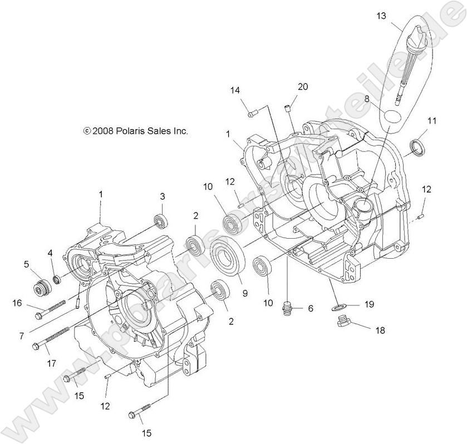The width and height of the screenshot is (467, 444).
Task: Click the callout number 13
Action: pos(381,16)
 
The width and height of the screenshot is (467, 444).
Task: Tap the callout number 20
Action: pos(302,86)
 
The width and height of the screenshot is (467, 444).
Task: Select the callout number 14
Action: pos(235,90)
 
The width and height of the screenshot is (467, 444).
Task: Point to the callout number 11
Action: pos(432,120)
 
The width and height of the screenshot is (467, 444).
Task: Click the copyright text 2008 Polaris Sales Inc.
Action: pos(136,131)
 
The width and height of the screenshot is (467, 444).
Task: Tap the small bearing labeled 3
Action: pos(161,221)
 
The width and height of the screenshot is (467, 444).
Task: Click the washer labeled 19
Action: pos(337,307)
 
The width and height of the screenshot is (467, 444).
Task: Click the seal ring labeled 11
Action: pos(417,146)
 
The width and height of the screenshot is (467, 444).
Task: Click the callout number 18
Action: pos(380,330)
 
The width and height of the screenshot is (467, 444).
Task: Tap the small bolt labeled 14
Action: pos(253,114)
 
